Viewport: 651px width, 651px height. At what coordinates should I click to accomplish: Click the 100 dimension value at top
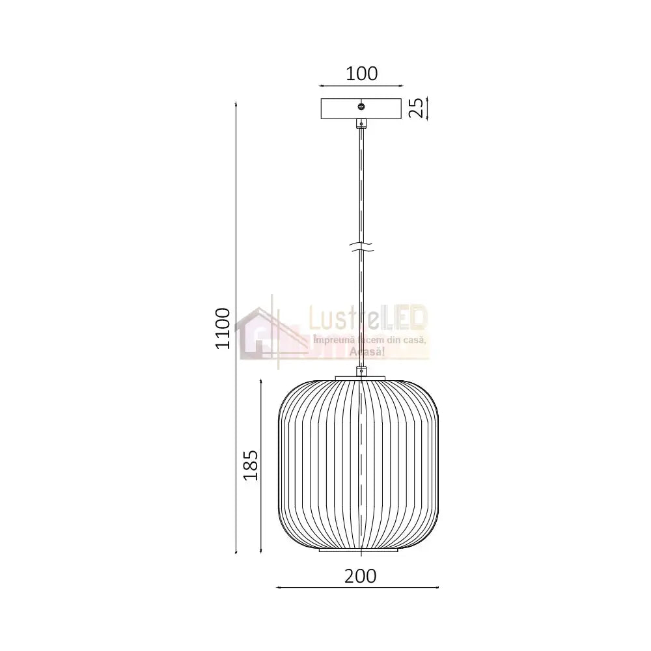click(x=362, y=74)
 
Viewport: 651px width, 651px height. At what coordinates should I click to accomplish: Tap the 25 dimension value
click(x=417, y=108)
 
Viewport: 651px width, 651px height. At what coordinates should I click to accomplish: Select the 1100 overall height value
click(x=223, y=327)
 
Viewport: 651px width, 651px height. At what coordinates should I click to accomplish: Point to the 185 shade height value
click(x=251, y=465)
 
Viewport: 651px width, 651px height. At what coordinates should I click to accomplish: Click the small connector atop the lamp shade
click(x=361, y=372)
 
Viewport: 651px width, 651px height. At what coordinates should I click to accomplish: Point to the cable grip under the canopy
click(x=361, y=122)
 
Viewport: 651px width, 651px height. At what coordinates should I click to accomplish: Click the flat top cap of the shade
click(x=361, y=378)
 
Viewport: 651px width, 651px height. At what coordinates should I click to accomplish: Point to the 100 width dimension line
click(x=361, y=85)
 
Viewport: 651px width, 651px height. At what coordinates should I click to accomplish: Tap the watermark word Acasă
click(x=367, y=352)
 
